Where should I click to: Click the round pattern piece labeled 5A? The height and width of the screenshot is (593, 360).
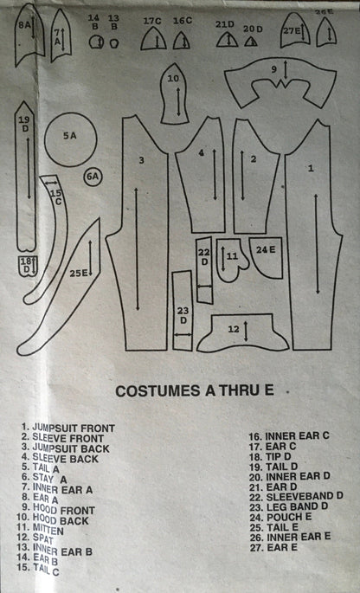71,139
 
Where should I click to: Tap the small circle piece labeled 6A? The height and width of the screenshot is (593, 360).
93,177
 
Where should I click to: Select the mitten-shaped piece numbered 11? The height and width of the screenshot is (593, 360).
232,260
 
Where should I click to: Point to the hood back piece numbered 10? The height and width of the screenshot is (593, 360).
174,93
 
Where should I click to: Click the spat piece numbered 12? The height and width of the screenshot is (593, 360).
243,332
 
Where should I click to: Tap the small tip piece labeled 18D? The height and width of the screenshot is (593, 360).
27,266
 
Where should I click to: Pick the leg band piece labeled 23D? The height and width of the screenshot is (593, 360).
183,311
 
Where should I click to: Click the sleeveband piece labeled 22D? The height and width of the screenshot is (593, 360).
204,270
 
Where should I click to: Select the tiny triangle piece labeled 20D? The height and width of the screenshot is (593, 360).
251,41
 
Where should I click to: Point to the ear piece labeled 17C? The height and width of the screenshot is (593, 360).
153,39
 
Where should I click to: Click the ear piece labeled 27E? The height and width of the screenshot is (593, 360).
295,30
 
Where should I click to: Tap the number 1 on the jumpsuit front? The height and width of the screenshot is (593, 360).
311,169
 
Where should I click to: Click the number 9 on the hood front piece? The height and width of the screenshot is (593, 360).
274,69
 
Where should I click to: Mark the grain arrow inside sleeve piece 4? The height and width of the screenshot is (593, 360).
215,174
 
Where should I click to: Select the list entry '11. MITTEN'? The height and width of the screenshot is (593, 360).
39,530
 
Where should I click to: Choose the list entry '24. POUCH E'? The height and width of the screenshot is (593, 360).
280,517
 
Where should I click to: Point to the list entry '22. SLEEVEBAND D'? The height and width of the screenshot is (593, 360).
296,496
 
